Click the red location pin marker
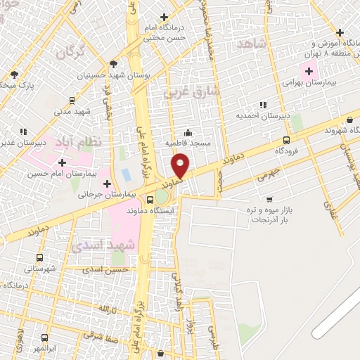181,165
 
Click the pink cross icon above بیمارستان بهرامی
309,71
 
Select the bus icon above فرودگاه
286,140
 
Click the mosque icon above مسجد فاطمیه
188,132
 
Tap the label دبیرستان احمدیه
259,115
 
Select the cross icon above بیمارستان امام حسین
63,162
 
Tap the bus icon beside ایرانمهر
45,337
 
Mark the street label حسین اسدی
105,269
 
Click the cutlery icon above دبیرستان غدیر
23,131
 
